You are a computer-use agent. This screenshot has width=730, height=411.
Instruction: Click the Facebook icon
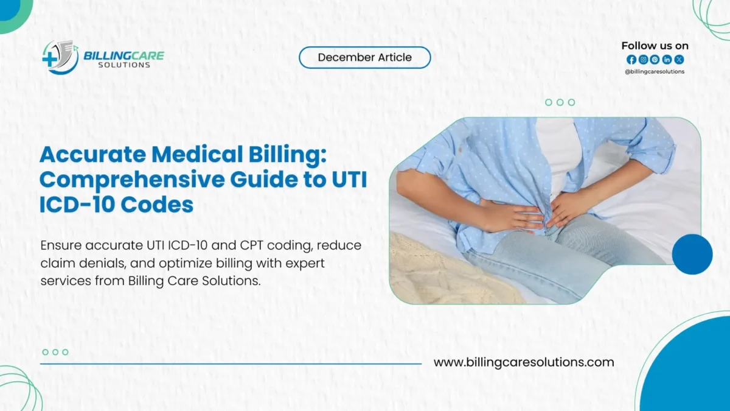click(631, 60)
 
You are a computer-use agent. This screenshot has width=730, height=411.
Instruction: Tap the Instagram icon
click(643, 60)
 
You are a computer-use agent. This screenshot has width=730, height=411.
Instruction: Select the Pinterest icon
click(655, 60)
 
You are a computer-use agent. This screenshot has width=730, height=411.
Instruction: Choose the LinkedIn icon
click(667, 60)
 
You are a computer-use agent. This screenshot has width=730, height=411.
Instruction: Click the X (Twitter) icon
click(679, 60)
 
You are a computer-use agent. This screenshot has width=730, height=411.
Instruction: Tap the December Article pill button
click(364, 58)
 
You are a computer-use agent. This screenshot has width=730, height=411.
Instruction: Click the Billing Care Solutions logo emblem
click(60, 58)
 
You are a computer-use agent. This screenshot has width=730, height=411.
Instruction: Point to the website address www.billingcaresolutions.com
click(524, 362)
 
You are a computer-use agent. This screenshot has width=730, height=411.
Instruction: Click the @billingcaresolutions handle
click(655, 72)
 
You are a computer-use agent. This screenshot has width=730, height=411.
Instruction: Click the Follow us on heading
click(655, 46)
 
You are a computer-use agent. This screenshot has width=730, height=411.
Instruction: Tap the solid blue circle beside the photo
click(692, 254)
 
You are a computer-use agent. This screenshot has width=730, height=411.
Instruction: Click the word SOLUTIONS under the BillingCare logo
click(124, 65)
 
